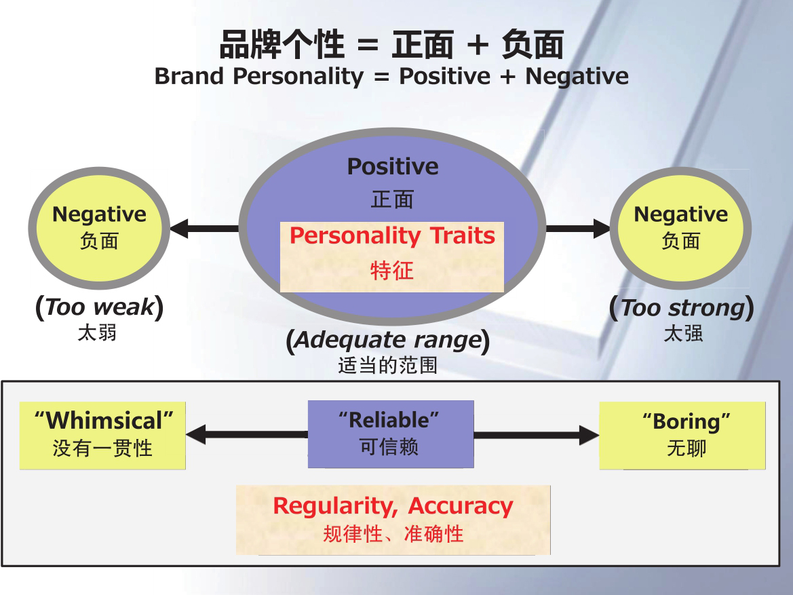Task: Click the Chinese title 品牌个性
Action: click(x=282, y=45)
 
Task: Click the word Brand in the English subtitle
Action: click(x=191, y=76)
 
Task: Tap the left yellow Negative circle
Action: click(x=99, y=227)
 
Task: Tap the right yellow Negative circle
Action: click(x=680, y=227)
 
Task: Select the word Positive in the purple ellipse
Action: click(x=393, y=166)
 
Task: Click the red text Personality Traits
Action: click(x=392, y=236)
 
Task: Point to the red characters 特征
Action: click(x=392, y=271)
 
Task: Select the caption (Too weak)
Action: click(x=99, y=308)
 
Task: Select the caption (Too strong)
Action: click(x=682, y=308)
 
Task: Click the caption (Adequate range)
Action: click(x=388, y=340)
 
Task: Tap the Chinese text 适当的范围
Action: click(x=388, y=366)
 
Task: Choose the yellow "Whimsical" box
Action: click(x=102, y=435)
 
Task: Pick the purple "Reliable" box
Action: click(x=390, y=433)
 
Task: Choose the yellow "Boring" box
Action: click(x=682, y=435)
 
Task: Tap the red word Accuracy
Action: click(x=461, y=506)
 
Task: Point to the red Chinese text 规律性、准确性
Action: click(x=393, y=534)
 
